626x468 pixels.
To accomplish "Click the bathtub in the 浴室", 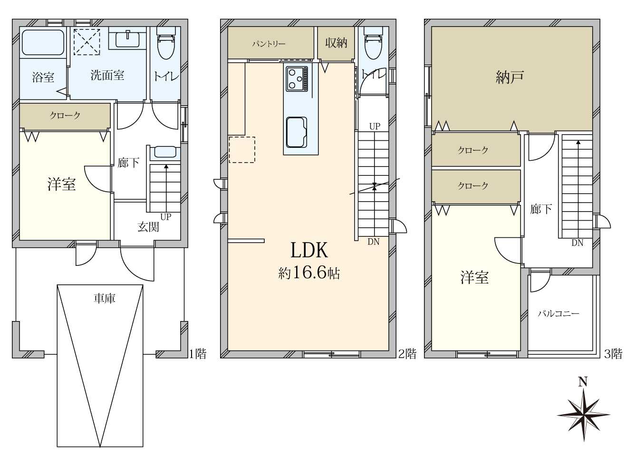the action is [43, 42].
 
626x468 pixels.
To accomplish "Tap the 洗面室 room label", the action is [107, 75].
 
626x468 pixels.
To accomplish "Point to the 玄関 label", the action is [148, 227].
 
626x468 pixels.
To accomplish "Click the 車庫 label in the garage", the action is [105, 299].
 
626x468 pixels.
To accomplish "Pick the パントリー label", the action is [269, 44].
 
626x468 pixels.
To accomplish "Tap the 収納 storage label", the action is [336, 43].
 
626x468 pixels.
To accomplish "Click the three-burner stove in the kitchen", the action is [297, 79].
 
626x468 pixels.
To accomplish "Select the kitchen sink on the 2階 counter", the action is [297, 132].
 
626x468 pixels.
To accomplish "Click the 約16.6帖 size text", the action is [309, 273].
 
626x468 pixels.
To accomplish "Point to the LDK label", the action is [309, 250].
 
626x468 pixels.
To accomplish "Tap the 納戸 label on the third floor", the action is [510, 77].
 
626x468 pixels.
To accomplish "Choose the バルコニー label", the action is [559, 314].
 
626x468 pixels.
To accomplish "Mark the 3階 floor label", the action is [613, 354].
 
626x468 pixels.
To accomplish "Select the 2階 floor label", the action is [407, 354].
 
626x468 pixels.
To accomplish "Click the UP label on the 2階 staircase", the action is [375, 126].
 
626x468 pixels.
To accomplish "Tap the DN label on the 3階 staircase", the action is [577, 243].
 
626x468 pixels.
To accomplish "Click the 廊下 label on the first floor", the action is [128, 163].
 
